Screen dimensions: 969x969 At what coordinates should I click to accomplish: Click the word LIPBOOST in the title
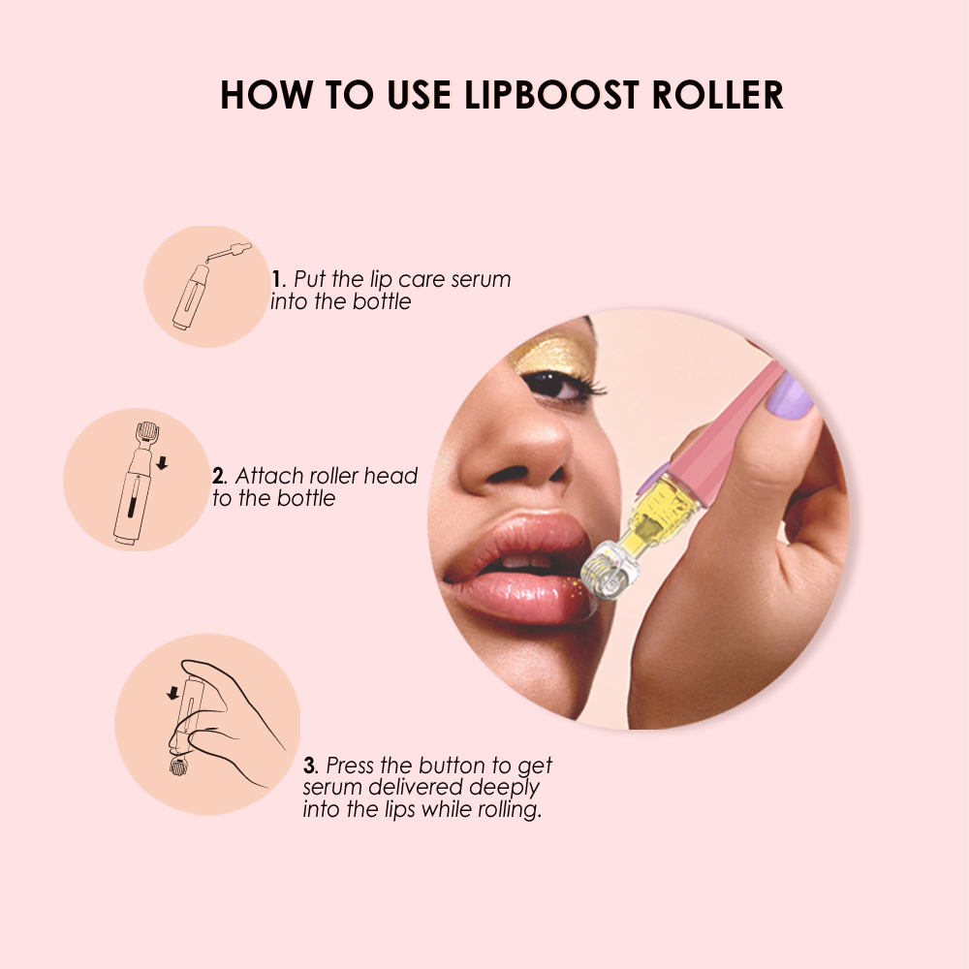click(x=539, y=95)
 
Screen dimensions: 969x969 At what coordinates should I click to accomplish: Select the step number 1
click(x=276, y=280)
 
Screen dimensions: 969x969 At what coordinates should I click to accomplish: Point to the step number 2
click(x=218, y=476)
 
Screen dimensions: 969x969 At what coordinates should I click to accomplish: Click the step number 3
click(x=310, y=766)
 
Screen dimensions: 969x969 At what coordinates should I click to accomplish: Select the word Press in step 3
click(x=350, y=766)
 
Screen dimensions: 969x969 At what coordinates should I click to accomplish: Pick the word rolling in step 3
click(x=505, y=809)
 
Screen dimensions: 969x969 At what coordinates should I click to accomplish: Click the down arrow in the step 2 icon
click(x=162, y=463)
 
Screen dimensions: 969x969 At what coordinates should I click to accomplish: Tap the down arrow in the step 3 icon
click(x=172, y=693)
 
